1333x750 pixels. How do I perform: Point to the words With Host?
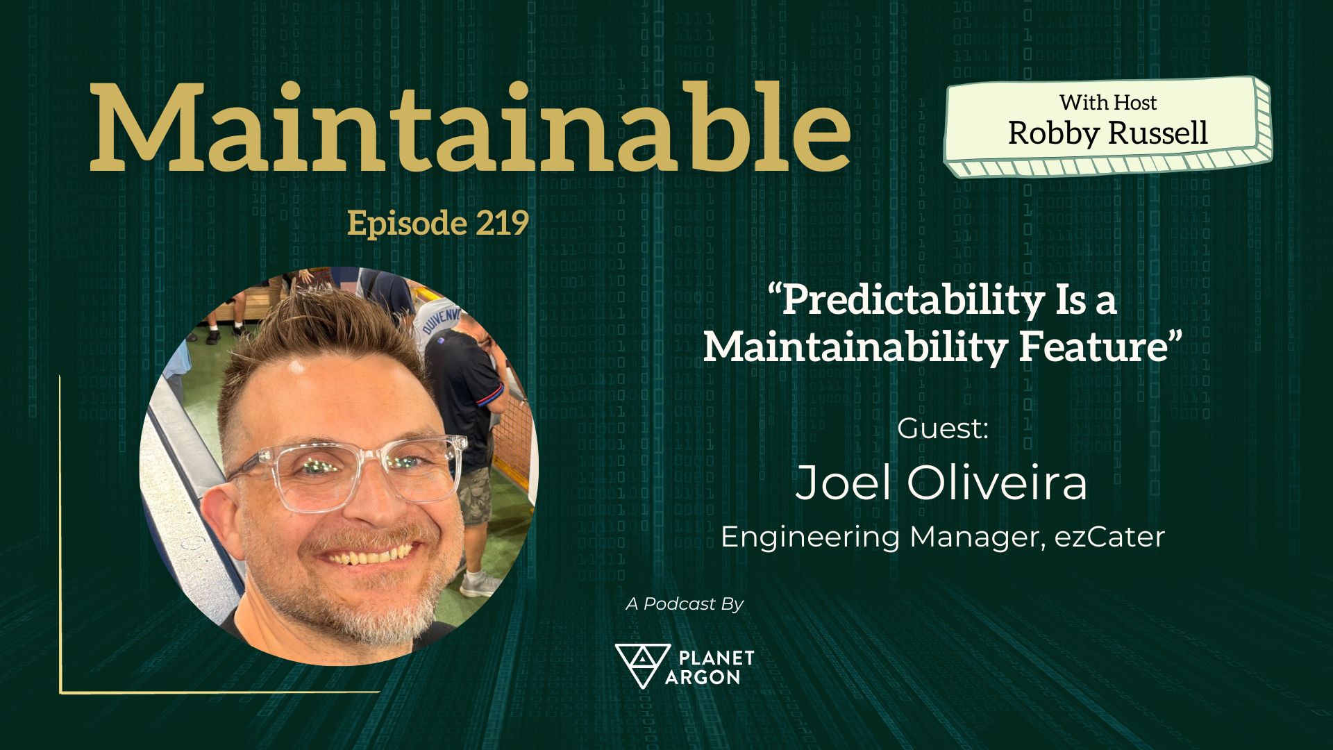1108,102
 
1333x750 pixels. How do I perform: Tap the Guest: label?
942,428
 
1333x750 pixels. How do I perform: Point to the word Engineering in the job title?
810,537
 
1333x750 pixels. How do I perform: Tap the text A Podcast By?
685,604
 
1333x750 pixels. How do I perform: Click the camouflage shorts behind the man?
474,494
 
